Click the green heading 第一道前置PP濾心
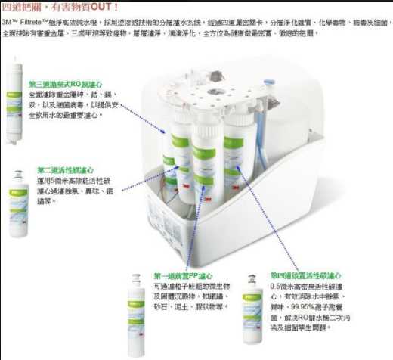tap(184, 276)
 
